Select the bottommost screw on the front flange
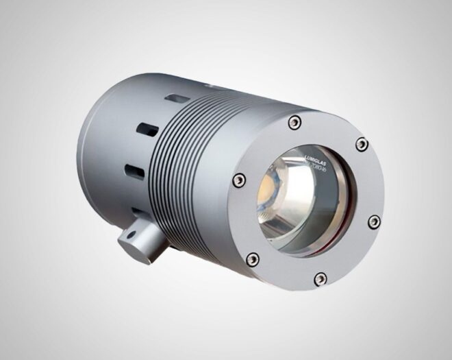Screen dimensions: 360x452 [321, 278]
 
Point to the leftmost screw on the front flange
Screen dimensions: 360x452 [238, 180]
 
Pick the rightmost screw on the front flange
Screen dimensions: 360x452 [374, 221]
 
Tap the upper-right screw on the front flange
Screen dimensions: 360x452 [362, 145]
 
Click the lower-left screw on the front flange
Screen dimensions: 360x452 [253, 259]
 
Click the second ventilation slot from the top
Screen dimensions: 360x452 [148, 129]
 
